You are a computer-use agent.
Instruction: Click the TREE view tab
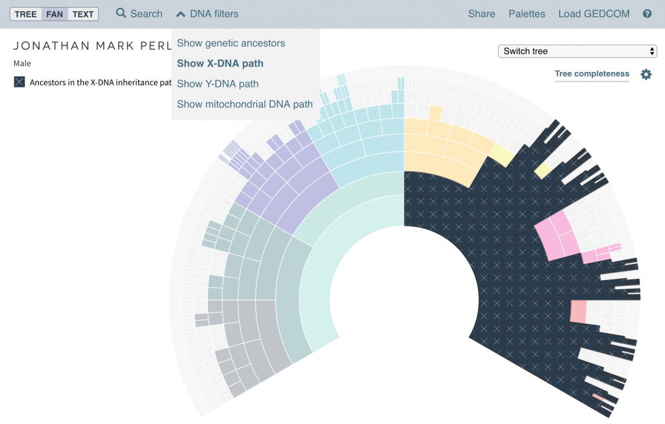coord(26,14)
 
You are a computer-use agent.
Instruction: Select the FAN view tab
coord(55,14)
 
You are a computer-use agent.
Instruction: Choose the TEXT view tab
coord(83,14)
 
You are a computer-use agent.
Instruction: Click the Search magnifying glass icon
coord(121,13)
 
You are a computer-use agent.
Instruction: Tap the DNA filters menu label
coord(214,14)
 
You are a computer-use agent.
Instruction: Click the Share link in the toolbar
coord(481,14)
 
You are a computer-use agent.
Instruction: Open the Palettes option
coord(527,14)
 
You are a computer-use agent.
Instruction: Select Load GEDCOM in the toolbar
coord(594,14)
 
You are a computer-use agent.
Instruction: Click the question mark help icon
coord(647,14)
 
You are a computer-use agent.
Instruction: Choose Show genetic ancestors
coord(231,43)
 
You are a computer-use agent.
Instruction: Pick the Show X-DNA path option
coord(220,64)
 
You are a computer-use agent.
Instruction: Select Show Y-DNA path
coord(218,84)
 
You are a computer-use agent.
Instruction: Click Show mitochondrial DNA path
coord(245,104)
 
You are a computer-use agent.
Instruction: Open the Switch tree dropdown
coord(577,51)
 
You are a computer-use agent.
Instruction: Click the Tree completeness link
coord(592,74)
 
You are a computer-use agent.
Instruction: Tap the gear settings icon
coord(646,75)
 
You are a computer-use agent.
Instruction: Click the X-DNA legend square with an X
coord(19,82)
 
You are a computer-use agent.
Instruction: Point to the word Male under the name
coord(22,64)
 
